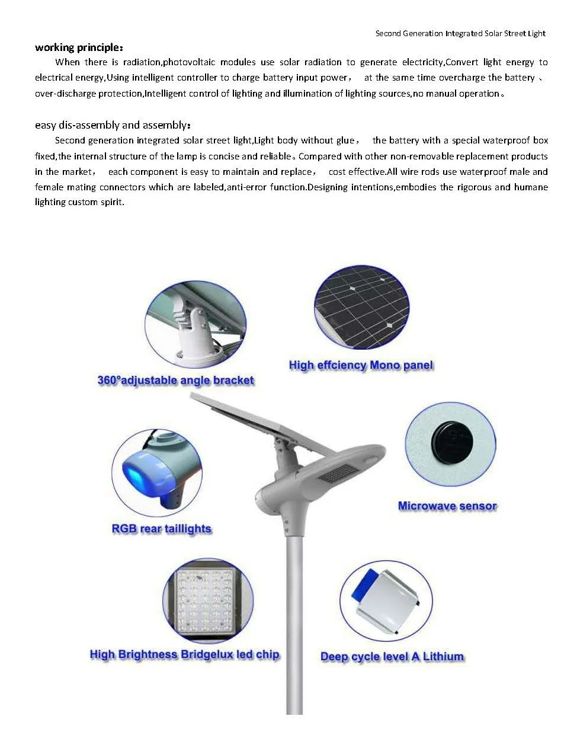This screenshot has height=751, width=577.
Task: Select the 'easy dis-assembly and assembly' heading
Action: pos(113,125)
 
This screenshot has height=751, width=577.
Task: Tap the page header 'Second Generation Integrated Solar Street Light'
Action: pos(460,33)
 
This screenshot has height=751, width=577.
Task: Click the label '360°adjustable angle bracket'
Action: pos(175,381)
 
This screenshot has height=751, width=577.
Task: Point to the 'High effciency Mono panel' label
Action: pos(361,365)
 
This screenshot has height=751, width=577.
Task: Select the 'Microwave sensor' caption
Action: pos(447,506)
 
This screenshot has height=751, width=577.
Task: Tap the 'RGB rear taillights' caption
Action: pos(161,529)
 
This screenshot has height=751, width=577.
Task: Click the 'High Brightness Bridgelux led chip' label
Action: pos(184,654)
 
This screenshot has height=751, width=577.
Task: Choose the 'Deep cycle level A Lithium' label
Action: pos(392,657)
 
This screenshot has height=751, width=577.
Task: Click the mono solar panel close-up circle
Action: pos(361,308)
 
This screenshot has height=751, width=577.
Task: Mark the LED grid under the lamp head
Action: pos(338,474)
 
